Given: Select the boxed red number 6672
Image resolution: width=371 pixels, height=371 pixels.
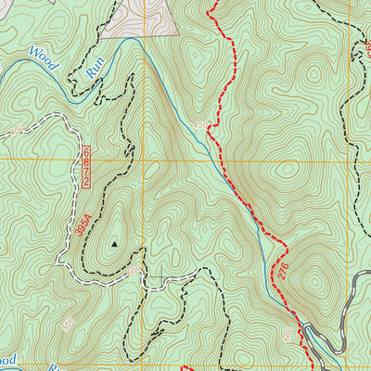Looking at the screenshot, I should (85, 168).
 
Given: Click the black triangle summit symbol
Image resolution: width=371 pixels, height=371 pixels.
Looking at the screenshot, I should (115, 245).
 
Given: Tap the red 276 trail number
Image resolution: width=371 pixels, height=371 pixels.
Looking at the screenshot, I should (283, 270).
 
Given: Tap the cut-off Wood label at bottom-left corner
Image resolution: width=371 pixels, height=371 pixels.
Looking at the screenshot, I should (7, 359).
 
